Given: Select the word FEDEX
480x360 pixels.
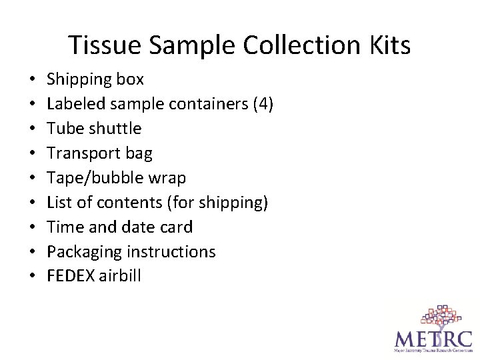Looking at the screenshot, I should tap(71, 276).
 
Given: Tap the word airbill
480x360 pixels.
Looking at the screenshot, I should tap(120, 276).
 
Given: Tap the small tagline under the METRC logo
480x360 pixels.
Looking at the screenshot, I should tap(433, 349).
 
